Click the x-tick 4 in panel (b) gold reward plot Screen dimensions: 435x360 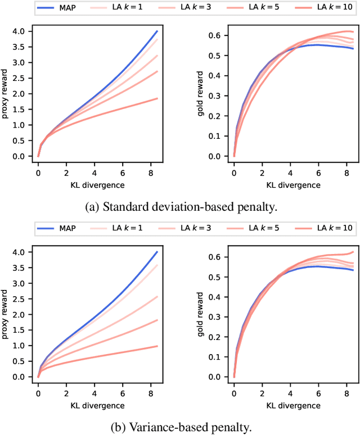coord(290,395)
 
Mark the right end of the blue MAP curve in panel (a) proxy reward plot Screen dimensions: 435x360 coord(157,31)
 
